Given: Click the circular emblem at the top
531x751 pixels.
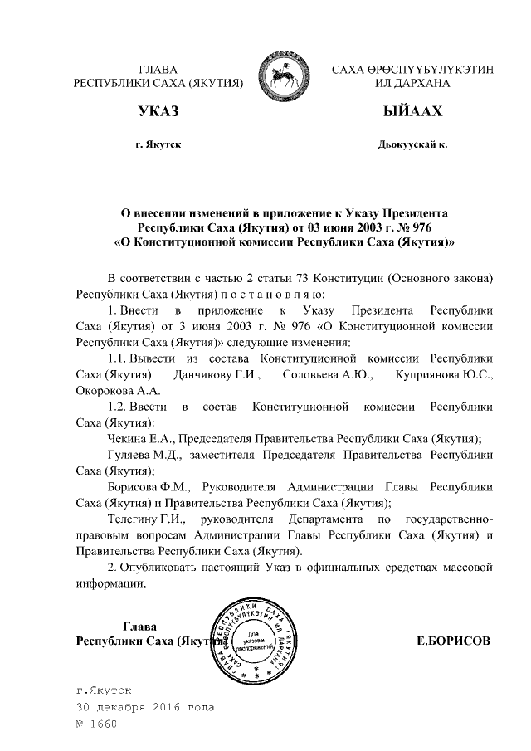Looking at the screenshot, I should [283, 72].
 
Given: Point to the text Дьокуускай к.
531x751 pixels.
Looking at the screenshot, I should [412, 144].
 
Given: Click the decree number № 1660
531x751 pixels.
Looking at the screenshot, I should [98, 724].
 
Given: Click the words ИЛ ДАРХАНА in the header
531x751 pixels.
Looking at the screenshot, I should [412, 84].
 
